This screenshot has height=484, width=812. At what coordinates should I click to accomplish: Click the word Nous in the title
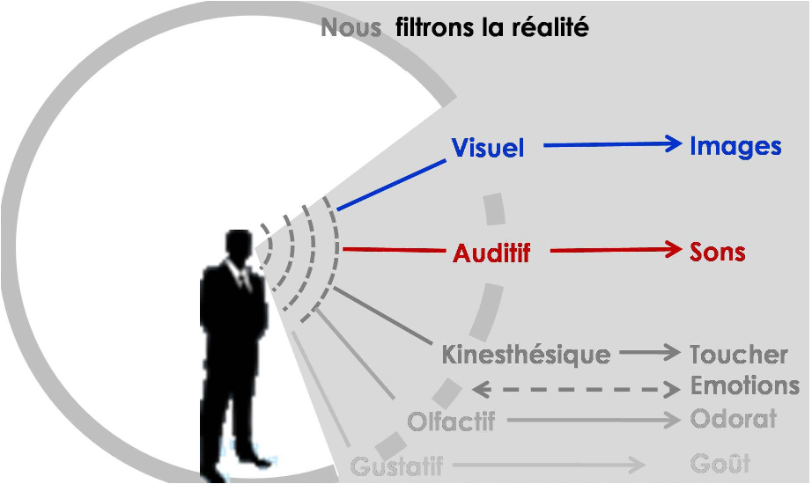(x=350, y=28)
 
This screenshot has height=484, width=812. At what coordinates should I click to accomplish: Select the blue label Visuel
(x=488, y=148)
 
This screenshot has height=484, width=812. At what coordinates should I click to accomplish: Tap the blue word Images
(x=735, y=146)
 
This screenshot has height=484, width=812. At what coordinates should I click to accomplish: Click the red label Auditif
(x=491, y=253)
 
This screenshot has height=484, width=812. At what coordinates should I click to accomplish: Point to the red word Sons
(x=717, y=252)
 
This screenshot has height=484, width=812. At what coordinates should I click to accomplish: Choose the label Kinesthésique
(x=526, y=356)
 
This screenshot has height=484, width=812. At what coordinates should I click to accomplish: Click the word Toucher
(x=738, y=356)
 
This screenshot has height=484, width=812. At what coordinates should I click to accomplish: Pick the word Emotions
(x=744, y=385)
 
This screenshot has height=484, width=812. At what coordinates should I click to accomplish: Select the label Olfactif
(x=451, y=422)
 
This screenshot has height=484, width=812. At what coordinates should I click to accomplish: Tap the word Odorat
(x=733, y=419)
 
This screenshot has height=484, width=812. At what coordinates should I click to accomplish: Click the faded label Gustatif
(x=396, y=466)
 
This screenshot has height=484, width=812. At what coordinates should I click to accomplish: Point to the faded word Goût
(x=720, y=464)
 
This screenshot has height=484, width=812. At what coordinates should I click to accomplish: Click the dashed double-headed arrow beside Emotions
(x=577, y=388)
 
